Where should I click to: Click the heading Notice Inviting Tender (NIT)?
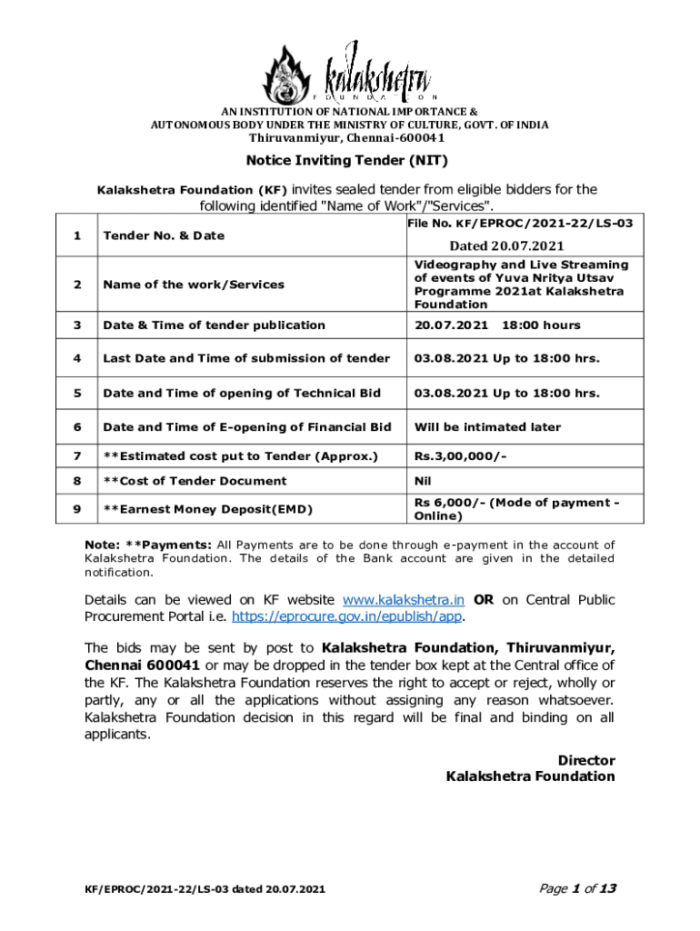click(348, 162)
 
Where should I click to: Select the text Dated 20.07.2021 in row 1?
click(506, 245)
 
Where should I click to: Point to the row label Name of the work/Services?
click(194, 285)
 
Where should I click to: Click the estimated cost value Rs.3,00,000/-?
click(462, 455)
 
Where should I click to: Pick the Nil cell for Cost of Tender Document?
click(423, 481)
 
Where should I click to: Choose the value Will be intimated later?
click(487, 427)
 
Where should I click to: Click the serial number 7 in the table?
click(76, 455)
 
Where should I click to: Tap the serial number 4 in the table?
click(76, 358)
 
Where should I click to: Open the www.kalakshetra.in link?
click(405, 600)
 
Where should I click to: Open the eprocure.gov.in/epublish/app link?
click(348, 616)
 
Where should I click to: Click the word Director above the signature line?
click(585, 760)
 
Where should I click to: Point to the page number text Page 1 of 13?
click(578, 888)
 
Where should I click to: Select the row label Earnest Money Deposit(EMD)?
click(203, 509)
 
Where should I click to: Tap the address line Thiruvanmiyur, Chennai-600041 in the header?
click(348, 138)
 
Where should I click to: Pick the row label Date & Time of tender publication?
click(214, 325)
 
